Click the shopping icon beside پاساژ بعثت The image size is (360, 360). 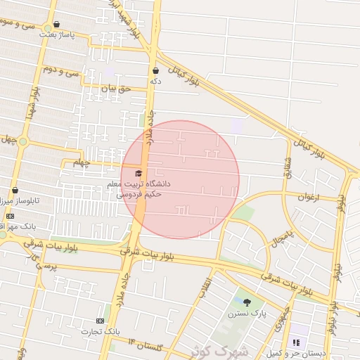pyautogui.click(x=56, y=24)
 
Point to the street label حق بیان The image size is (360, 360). pyautogui.click(x=116, y=89)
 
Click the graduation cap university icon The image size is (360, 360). pyautogui.click(x=138, y=173)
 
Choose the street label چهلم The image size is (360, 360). pyautogui.click(x=82, y=163)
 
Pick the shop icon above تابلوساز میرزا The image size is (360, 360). pyautogui.click(x=15, y=190)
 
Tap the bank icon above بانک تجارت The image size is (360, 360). pyautogui.click(x=99, y=321)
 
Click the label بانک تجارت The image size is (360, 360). pyautogui.click(x=97, y=331)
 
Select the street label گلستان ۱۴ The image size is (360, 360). pyautogui.click(x=146, y=345)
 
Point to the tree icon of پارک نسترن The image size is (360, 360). pyautogui.click(x=247, y=302)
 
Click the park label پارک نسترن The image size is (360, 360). pyautogui.click(x=242, y=314)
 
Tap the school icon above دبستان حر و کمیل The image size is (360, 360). pyautogui.click(x=296, y=342)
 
